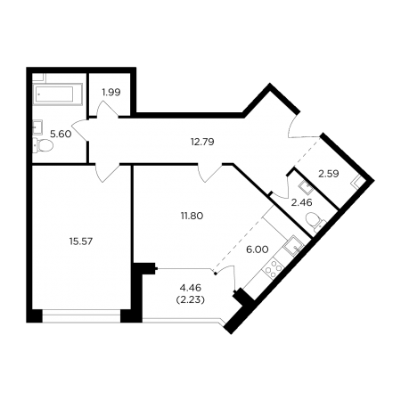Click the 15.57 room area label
tap(81, 241)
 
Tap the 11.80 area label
tap(192, 216)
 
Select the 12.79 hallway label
tap(202, 142)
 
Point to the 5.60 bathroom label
tap(61, 135)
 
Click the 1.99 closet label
tap(111, 93)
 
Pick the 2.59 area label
tap(329, 174)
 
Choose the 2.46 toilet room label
tap(302, 203)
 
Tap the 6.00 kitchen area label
tap(258, 250)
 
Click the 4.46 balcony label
tap(191, 288)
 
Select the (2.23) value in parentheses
tap(191, 300)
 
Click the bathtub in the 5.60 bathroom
tap(57, 94)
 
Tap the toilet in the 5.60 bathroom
tap(43, 145)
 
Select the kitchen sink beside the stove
tap(293, 246)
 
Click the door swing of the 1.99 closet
tap(108, 110)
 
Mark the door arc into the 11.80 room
tap(209, 173)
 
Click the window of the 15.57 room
tap(81, 315)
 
